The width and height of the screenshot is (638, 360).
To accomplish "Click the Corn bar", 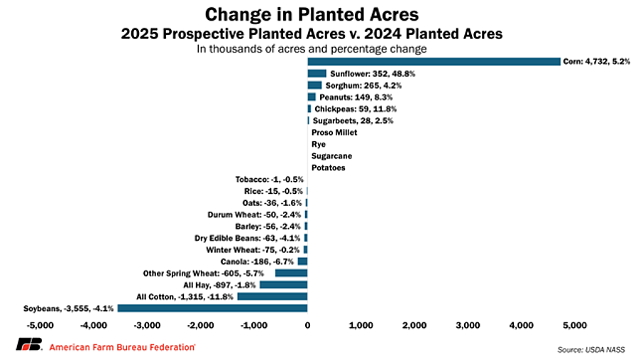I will [434, 62].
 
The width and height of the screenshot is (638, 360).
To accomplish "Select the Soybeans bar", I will [212, 308].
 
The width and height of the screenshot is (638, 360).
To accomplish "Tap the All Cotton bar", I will [272, 296].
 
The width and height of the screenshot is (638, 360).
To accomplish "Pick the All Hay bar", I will [283, 284].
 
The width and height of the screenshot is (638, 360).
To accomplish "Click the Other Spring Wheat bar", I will [291, 273].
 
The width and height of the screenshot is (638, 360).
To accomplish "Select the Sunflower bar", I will [317, 73].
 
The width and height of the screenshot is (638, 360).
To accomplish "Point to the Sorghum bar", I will [314, 85].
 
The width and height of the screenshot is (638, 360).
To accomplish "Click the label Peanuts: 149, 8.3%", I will [356, 97].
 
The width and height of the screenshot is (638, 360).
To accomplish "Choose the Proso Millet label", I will [334, 132].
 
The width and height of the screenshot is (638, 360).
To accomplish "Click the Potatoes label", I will [329, 168].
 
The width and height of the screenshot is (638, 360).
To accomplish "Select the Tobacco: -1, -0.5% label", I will [269, 179].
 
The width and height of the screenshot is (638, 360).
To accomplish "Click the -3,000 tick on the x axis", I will [147, 325].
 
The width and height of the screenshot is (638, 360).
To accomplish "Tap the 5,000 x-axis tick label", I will [574, 325].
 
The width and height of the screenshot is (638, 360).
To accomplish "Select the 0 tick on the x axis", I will [307, 325].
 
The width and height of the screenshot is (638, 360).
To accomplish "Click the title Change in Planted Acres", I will [312, 14].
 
